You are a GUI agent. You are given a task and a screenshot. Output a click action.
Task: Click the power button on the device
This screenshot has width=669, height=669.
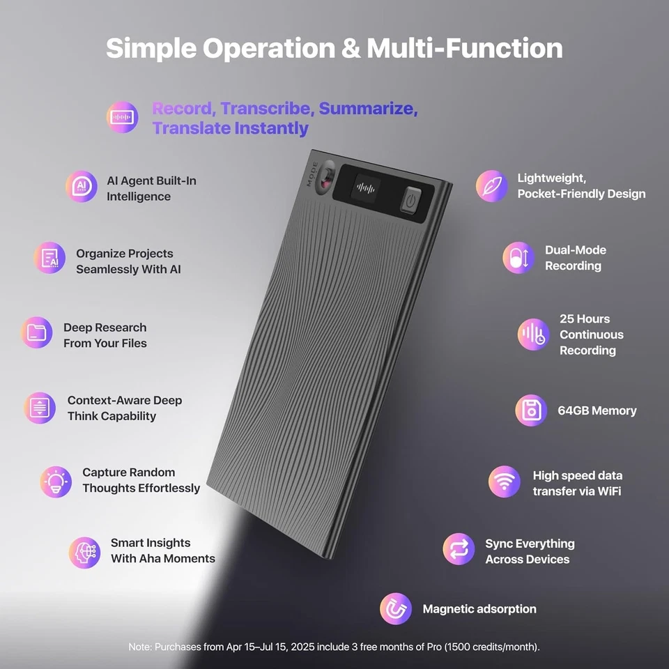click(410, 200)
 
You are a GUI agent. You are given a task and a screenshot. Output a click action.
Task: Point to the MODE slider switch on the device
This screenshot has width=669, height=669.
click(325, 178)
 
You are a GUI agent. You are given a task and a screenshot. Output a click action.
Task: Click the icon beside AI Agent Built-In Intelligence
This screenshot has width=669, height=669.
click(82, 187)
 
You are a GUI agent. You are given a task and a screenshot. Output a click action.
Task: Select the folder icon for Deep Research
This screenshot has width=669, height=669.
click(36, 333)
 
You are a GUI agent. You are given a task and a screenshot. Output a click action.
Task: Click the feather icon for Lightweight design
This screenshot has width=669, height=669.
click(492, 186)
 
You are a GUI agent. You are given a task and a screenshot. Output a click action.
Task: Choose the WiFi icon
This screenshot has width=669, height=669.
click(505, 482)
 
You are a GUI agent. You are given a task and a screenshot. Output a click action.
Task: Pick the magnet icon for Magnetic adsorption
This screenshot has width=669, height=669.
click(396, 609)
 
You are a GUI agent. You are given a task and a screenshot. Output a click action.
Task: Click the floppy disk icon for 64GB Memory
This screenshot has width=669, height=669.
click(531, 410)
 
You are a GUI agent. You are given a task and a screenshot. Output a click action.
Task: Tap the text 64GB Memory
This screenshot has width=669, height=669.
click(597, 410)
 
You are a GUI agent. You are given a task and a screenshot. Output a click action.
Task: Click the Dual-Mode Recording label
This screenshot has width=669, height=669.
click(575, 258)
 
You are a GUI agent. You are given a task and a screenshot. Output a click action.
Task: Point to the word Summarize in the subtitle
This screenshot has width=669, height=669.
click(368, 109)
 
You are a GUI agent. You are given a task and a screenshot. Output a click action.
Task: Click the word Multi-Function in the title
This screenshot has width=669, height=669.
click(465, 48)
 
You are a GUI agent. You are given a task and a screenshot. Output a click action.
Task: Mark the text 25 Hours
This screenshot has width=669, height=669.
click(584, 319)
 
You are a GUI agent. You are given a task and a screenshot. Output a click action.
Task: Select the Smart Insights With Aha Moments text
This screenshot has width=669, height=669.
click(162, 551)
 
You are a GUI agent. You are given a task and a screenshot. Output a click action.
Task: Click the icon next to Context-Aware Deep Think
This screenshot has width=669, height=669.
click(40, 408)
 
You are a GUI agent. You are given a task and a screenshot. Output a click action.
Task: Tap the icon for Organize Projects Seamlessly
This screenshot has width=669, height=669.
click(49, 258)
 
